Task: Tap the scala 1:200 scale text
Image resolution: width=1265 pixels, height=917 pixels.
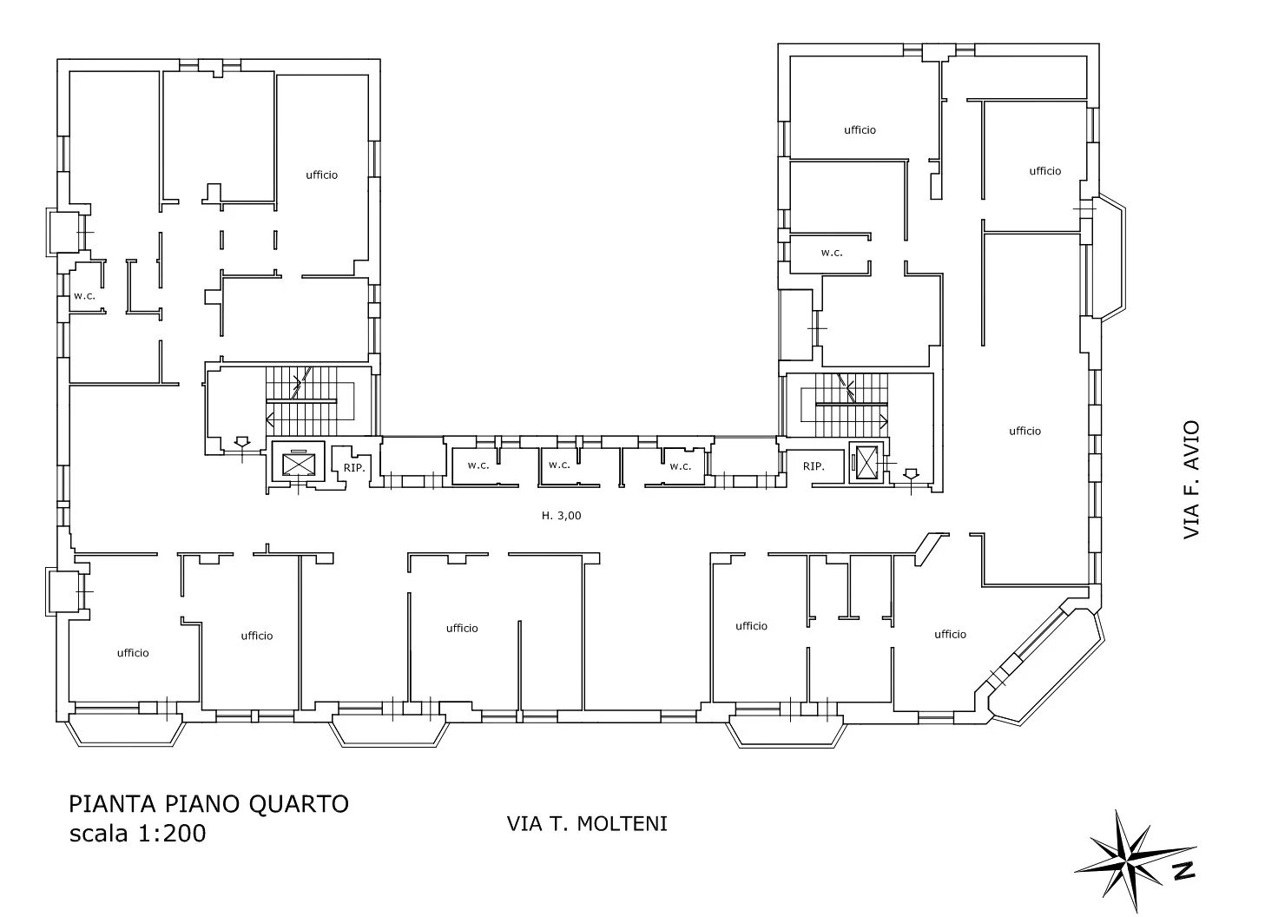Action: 138,834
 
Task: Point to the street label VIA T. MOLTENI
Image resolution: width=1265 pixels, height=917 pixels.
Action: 587,824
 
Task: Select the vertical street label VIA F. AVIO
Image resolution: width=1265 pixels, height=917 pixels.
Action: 1190,479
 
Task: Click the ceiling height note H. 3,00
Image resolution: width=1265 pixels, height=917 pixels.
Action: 561,516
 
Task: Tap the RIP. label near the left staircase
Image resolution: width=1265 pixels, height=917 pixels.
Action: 354,468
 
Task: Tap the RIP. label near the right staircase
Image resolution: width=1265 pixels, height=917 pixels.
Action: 814,466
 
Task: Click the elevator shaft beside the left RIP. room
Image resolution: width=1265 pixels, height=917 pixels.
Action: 298,461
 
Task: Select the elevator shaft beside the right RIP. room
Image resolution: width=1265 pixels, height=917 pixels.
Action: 866,463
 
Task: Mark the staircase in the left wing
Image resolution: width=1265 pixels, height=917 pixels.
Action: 309,401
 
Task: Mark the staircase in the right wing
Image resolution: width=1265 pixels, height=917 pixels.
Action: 844,405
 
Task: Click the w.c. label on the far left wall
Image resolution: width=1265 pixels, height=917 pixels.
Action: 84,296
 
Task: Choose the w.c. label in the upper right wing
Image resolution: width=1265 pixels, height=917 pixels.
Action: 831,253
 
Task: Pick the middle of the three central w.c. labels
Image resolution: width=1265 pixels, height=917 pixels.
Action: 559,465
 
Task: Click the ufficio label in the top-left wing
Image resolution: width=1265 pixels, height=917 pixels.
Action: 322,175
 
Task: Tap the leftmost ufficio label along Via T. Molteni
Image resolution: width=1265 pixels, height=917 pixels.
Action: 133,653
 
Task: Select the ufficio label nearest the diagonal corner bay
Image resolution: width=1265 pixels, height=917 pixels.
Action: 950,634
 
